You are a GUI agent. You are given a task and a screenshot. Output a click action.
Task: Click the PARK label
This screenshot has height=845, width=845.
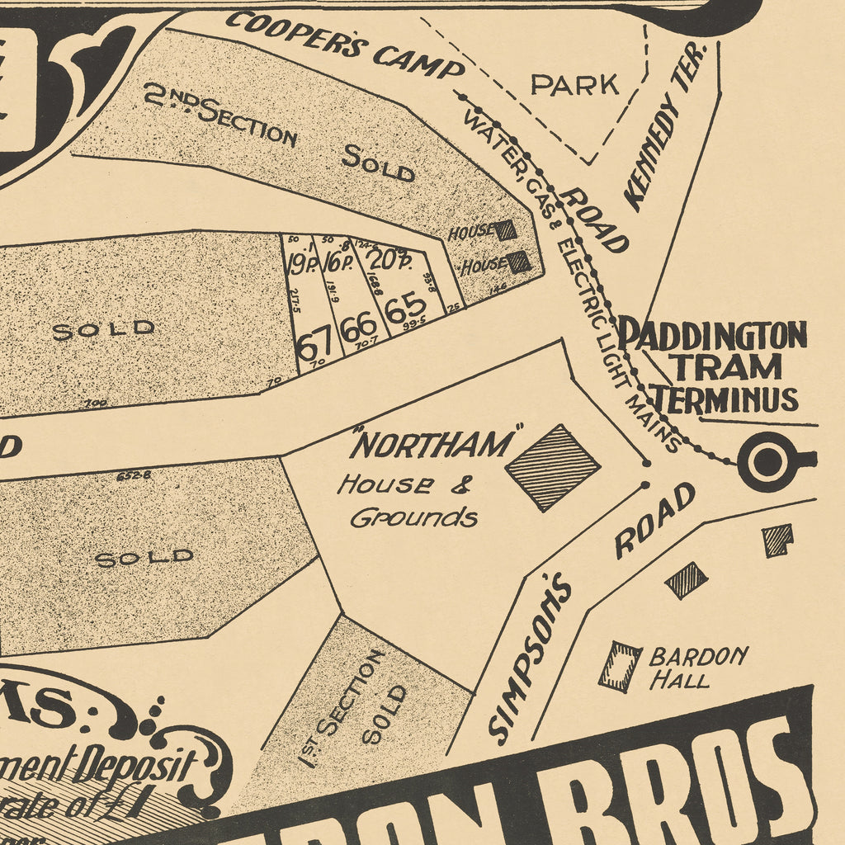574,84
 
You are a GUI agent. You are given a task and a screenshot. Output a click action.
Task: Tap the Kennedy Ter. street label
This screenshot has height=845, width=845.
667,126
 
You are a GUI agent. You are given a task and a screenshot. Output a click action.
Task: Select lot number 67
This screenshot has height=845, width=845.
314,345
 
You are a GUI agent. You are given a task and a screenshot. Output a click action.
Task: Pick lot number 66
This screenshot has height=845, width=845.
359,328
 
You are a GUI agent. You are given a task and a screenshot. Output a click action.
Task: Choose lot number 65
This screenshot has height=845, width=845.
405,309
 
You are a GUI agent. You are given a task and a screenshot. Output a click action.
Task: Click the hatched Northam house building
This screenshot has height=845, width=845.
552,467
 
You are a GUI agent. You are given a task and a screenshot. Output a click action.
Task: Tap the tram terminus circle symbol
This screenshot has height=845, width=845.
768,461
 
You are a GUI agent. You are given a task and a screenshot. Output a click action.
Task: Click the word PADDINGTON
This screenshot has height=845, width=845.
712,336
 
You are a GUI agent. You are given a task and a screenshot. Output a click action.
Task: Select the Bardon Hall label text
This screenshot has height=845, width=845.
697,668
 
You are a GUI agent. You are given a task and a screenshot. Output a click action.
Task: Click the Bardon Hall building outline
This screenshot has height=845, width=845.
621,666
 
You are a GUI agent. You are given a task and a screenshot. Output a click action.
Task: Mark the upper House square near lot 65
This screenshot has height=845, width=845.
505,230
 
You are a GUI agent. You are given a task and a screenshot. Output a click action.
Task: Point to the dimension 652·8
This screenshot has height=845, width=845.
134,475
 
